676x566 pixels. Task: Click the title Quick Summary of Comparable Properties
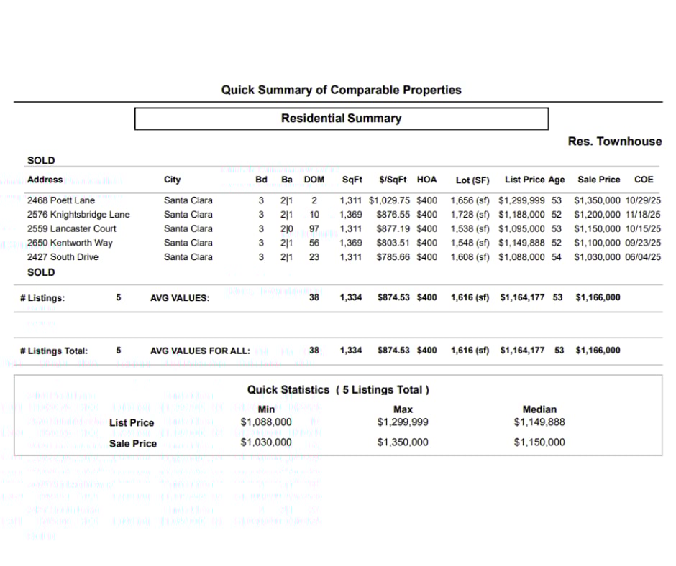click(341, 91)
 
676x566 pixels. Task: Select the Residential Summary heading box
click(341, 119)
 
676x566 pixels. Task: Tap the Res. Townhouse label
click(614, 141)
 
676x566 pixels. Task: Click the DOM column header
click(314, 180)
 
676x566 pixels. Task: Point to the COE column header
click(643, 180)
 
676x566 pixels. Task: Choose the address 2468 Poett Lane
click(61, 200)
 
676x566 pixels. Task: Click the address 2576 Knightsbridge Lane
click(78, 215)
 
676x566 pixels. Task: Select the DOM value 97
click(314, 228)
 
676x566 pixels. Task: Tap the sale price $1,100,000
click(597, 243)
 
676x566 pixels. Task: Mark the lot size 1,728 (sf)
click(470, 215)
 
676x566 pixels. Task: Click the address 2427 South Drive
click(63, 257)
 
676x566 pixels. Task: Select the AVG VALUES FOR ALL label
click(200, 351)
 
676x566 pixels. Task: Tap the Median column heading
click(539, 409)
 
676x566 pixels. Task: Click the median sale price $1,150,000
click(539, 442)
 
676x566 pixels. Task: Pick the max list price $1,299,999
click(403, 422)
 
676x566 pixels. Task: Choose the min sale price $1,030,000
click(266, 442)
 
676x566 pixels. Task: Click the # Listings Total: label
click(54, 351)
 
